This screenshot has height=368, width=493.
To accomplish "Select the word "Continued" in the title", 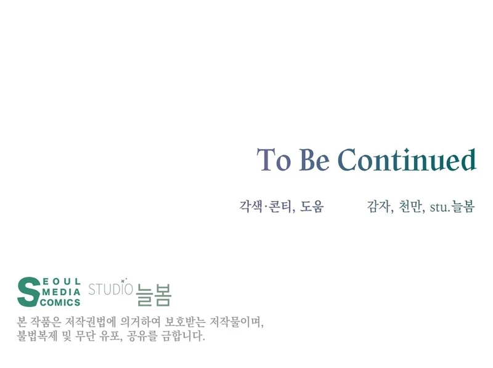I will (x=407, y=160).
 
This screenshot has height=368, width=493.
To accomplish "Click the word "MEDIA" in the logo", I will (x=62, y=292).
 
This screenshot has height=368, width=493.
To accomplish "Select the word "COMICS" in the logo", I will (x=60, y=302).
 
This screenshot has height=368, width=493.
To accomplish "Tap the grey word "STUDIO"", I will (x=111, y=288).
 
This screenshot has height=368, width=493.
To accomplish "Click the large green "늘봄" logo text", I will (x=153, y=293).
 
